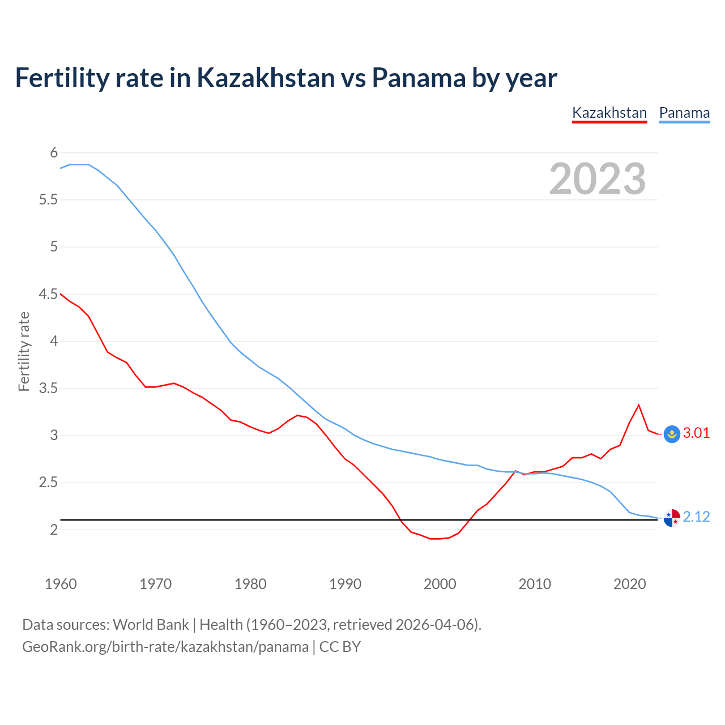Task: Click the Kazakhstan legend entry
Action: click(x=609, y=113)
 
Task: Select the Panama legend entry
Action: click(x=684, y=113)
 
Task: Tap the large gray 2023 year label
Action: click(x=598, y=179)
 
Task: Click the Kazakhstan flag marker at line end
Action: click(x=672, y=434)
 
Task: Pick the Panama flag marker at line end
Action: click(x=672, y=517)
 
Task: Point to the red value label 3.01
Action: click(x=696, y=433)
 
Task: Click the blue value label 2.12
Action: click(x=696, y=517)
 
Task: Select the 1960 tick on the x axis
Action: click(x=61, y=584)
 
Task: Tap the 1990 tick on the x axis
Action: click(x=345, y=584)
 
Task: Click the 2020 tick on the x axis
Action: click(x=629, y=584)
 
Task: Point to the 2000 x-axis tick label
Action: click(x=440, y=584)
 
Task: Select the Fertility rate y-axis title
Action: click(x=24, y=352)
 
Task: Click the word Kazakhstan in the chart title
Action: click(x=266, y=78)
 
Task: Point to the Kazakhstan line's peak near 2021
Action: click(x=639, y=405)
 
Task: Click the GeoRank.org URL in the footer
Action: click(x=165, y=647)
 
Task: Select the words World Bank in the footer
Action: click(x=151, y=625)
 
